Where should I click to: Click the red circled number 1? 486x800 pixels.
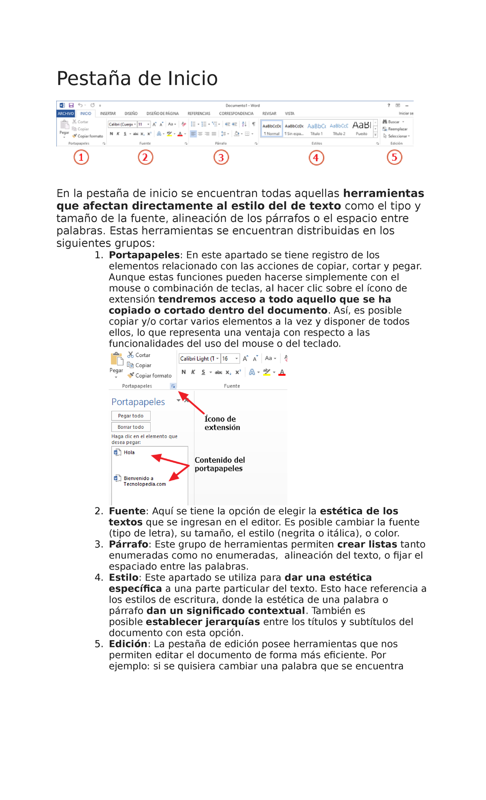tap(81, 157)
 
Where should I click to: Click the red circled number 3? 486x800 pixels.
tap(221, 157)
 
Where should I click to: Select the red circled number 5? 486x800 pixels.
tap(394, 157)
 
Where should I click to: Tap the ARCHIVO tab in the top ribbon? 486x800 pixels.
tap(66, 114)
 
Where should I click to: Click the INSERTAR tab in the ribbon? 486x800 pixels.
tap(108, 114)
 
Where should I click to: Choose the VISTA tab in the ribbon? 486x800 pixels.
tap(290, 114)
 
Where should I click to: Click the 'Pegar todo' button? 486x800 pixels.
tap(131, 416)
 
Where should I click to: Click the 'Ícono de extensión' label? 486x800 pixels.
tap(222, 423)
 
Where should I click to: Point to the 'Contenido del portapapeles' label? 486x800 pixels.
tap(220, 464)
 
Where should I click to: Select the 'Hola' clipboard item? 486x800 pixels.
tap(129, 453)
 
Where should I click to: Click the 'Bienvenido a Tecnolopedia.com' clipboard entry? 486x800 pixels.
tap(144, 481)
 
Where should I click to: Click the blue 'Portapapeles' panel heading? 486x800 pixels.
tap(138, 402)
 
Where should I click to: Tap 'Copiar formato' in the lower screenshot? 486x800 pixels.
tap(153, 376)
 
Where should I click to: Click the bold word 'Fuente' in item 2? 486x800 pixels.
tap(127, 511)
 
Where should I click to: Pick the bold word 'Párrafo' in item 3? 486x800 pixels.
tap(128, 544)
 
